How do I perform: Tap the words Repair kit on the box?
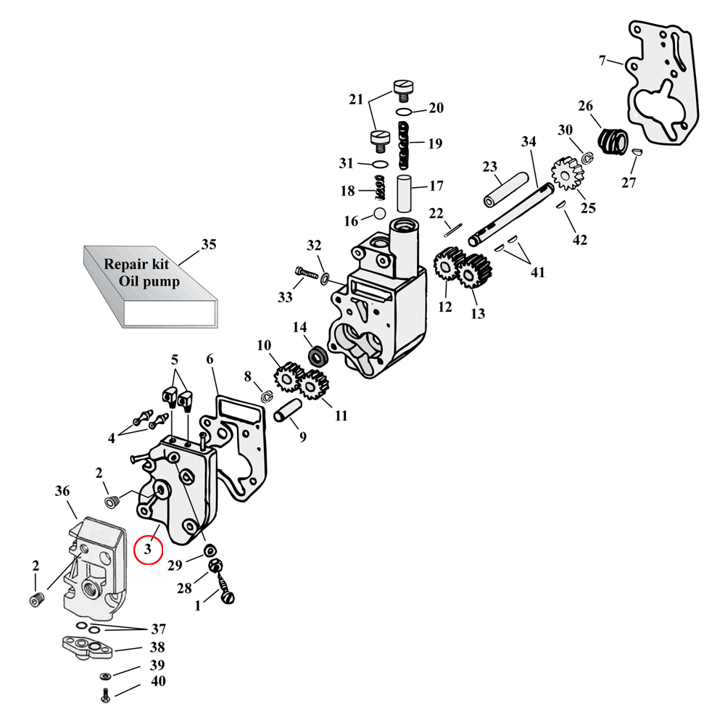tap(136, 265)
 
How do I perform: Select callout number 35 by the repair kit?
tap(208, 244)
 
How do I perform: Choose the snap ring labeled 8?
tap(266, 396)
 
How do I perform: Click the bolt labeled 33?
tap(307, 273)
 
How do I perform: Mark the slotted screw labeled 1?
tap(228, 595)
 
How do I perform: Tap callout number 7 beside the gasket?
tap(602, 60)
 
